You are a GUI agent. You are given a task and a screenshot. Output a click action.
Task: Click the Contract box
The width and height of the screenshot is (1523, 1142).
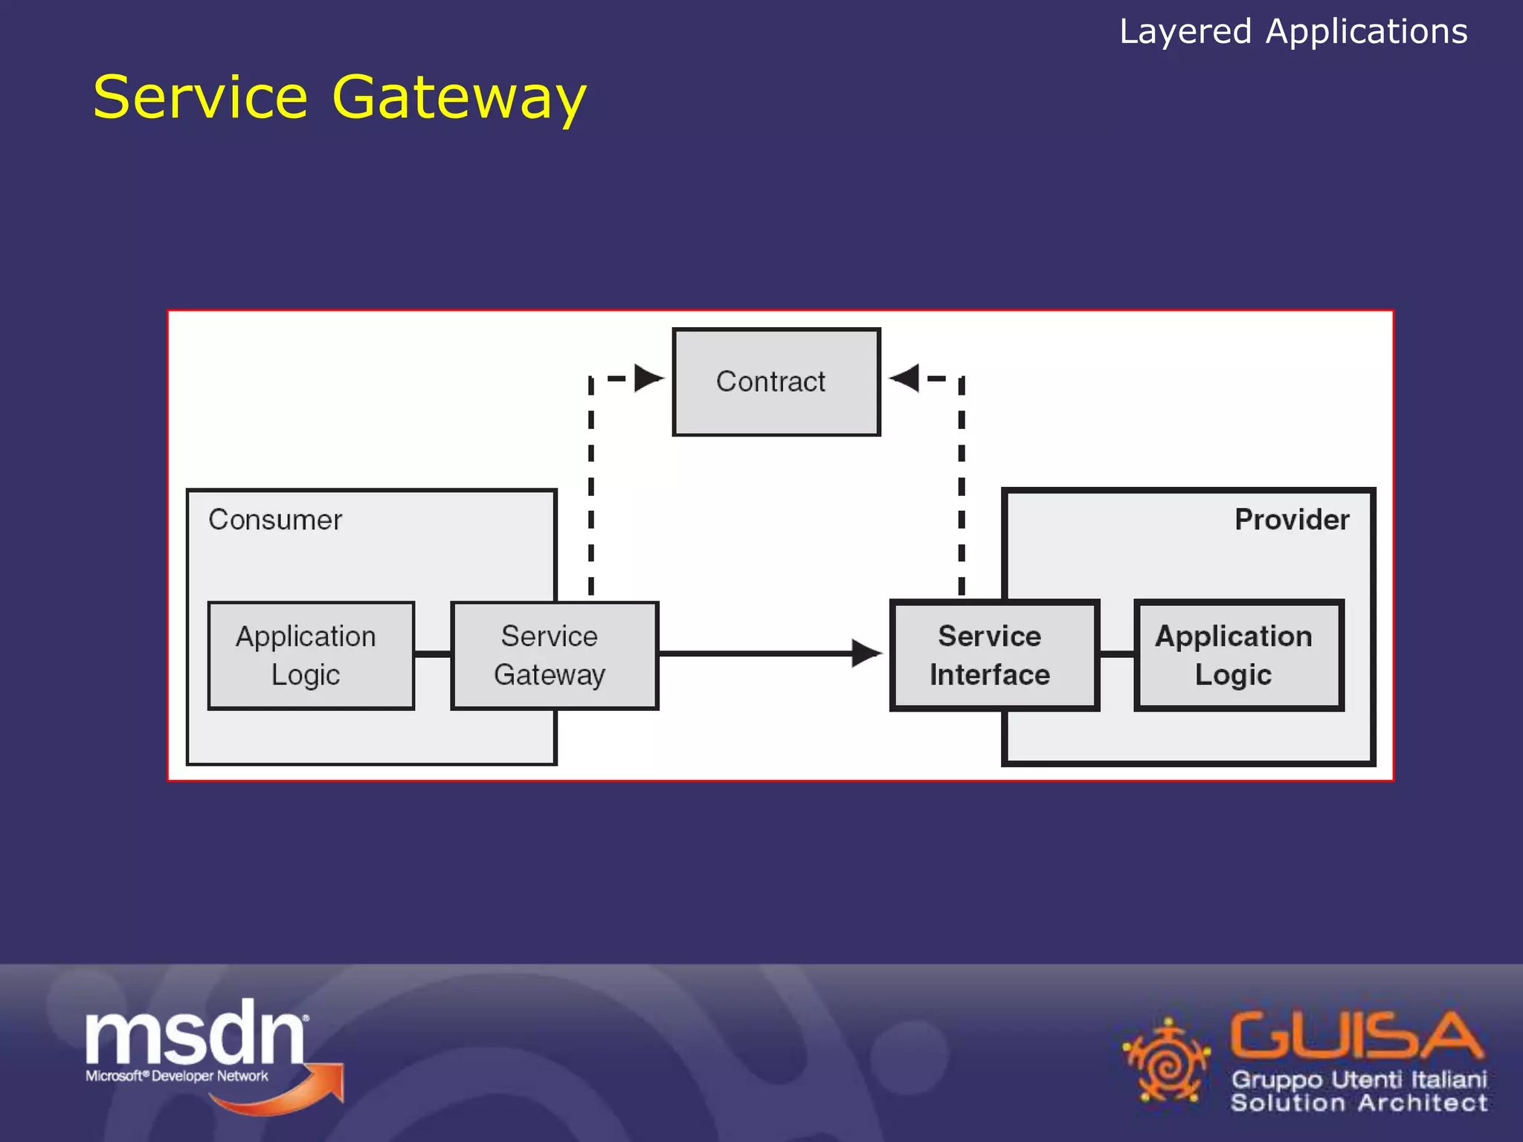click(776, 381)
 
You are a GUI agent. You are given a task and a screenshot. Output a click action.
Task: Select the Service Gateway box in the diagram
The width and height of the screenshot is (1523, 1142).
click(554, 655)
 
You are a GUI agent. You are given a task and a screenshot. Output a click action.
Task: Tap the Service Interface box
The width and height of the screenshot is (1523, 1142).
click(994, 655)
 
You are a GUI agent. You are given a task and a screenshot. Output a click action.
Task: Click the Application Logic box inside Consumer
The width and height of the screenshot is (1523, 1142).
click(311, 655)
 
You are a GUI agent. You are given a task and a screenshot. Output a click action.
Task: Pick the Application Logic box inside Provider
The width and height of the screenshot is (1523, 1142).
click(1238, 655)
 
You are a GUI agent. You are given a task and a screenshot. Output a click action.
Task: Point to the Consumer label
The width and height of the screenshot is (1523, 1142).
click(275, 520)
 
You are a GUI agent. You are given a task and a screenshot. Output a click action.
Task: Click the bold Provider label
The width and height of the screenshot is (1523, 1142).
click(1291, 520)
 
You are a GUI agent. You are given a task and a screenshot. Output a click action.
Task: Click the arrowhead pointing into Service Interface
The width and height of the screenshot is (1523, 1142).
click(866, 654)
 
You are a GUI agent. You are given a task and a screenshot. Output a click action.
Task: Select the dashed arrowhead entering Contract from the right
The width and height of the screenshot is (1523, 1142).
click(904, 378)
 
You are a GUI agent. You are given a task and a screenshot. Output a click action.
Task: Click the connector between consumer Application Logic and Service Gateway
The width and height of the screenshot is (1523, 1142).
click(433, 654)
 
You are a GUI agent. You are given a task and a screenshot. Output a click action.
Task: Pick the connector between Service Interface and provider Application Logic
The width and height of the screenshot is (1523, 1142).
click(1117, 654)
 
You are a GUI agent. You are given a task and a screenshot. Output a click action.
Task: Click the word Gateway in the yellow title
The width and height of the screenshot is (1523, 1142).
click(459, 98)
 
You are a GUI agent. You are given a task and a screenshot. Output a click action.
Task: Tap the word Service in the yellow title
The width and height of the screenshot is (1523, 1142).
click(201, 98)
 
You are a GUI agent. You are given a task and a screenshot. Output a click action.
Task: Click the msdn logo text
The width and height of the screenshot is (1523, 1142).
click(195, 1033)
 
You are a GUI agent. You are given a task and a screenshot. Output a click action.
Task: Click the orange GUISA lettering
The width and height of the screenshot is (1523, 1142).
click(1355, 1034)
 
